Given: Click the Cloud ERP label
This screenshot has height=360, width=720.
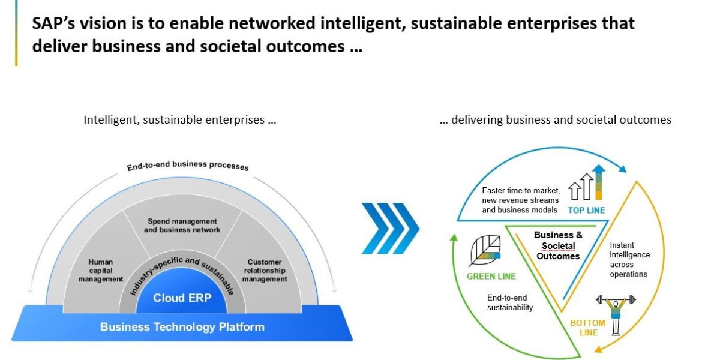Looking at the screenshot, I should [x=182, y=298].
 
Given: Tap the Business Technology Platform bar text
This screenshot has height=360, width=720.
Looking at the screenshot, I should [x=182, y=327].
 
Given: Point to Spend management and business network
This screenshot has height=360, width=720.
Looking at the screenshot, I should [x=182, y=226].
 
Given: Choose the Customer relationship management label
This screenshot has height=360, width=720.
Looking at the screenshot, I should [x=265, y=271].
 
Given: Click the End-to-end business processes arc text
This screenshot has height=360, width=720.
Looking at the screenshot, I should [x=187, y=165].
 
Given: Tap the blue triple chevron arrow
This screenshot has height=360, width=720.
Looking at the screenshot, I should [x=390, y=227].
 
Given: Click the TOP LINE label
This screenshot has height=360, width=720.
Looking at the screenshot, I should [x=586, y=210].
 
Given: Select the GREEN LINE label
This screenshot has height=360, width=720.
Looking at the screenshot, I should [x=491, y=277].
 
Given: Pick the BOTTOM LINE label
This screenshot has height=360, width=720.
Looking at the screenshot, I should [x=587, y=328].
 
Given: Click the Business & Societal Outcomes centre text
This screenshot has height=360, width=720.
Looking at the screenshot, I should [x=558, y=245].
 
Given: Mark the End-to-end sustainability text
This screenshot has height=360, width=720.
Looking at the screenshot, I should [x=510, y=302].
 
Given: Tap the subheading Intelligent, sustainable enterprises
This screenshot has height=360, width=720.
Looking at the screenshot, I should [x=180, y=119].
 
